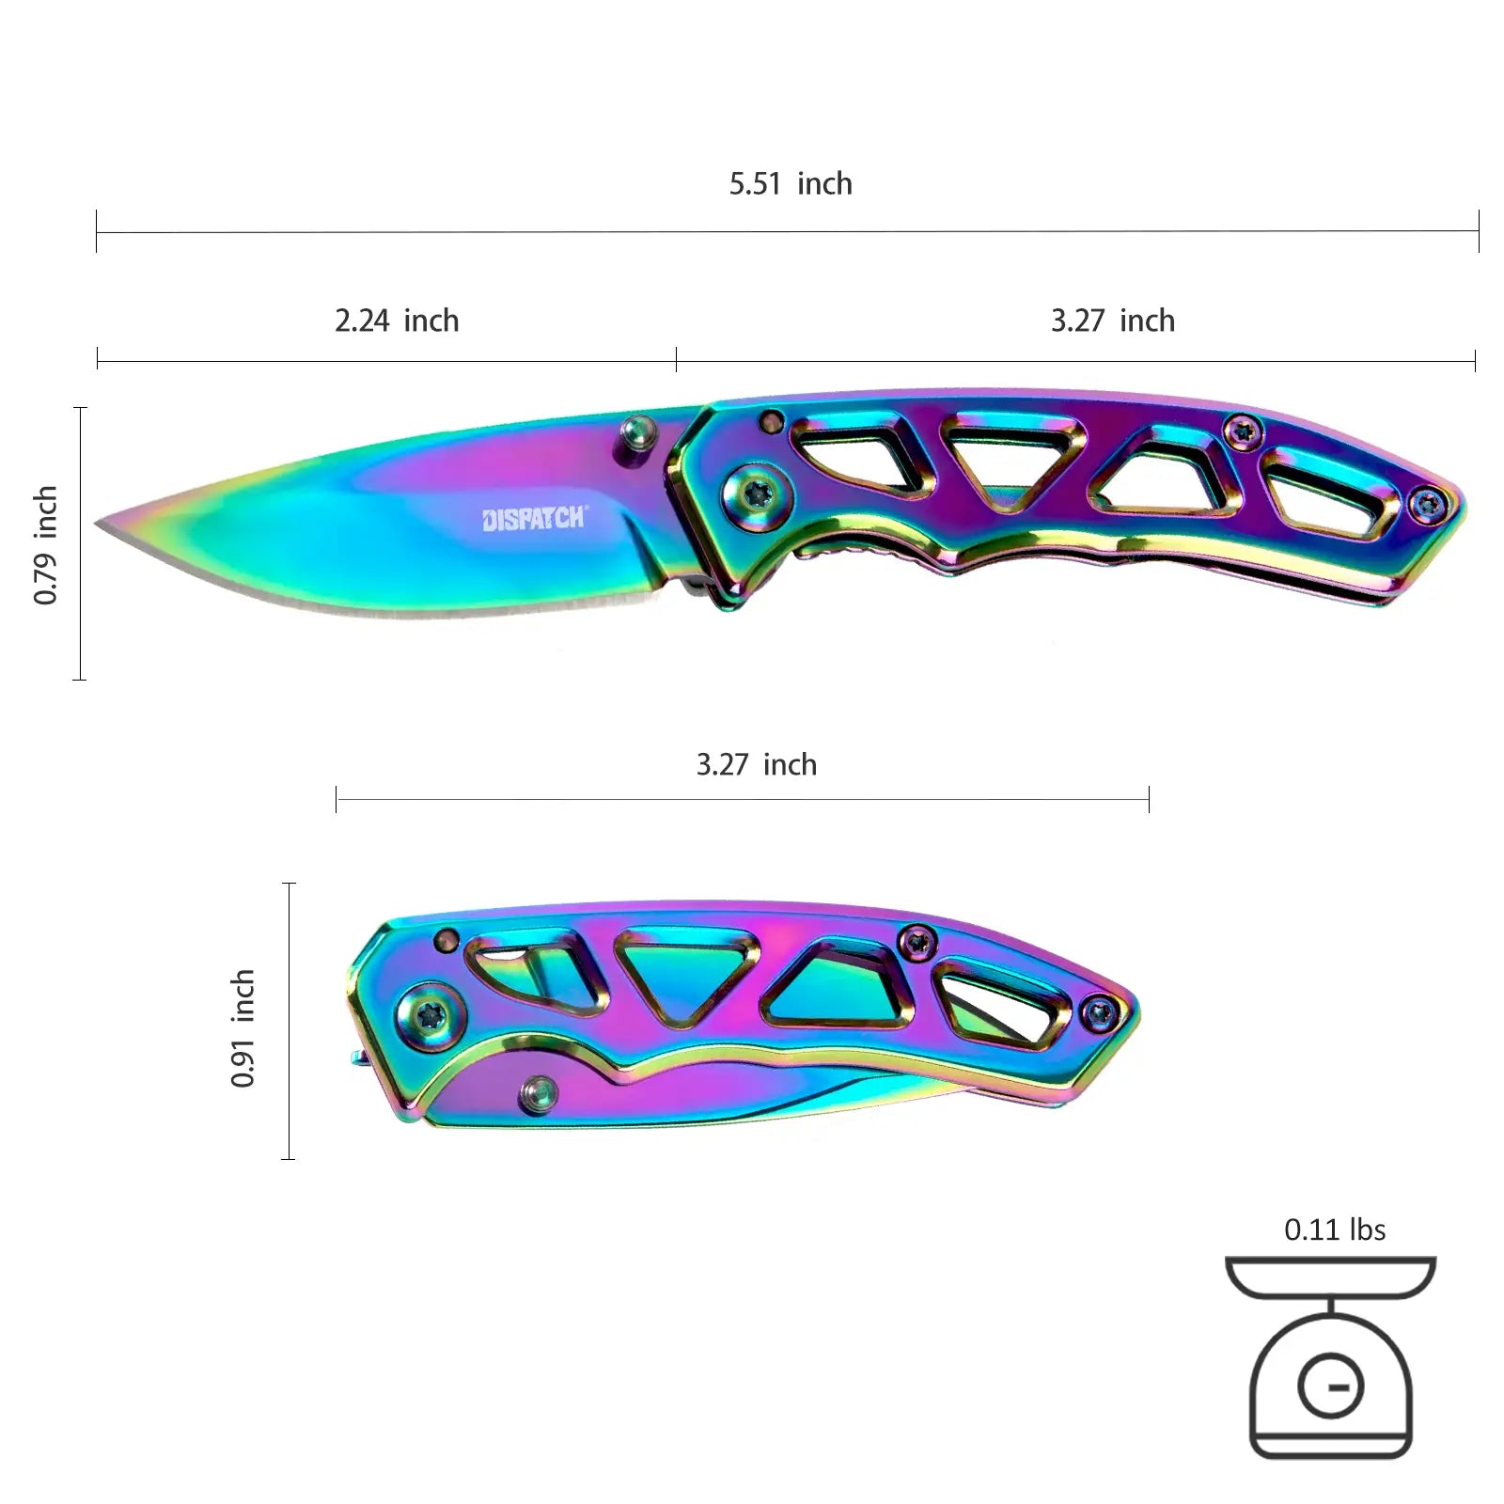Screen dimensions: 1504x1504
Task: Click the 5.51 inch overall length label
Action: (791, 183)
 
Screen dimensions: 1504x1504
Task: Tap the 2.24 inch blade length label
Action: (397, 321)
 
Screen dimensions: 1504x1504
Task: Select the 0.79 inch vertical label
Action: (45, 544)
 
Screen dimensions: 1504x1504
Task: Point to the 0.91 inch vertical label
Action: (243, 1027)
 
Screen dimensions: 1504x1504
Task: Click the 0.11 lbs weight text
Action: (1335, 1230)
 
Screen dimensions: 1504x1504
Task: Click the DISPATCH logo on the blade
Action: (534, 518)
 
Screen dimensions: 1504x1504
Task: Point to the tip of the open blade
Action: (97, 524)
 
